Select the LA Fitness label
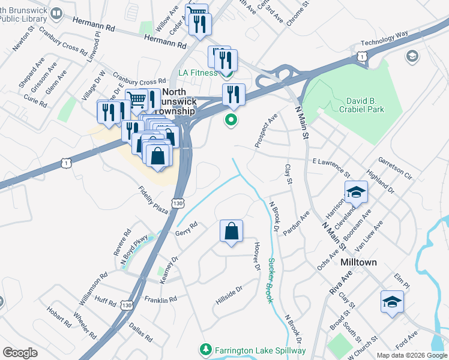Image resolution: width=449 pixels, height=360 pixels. coord(198,73)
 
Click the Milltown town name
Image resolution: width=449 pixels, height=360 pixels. coord(358,263)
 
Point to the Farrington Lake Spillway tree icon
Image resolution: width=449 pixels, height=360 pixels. coord(205,349)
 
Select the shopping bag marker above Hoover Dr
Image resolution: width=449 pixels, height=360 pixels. coord(232,231)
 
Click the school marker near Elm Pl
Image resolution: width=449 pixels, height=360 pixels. coord(392,302)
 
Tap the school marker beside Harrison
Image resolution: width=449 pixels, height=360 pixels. coord(356,193)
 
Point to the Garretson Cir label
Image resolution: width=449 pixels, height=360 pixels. coord(395,169)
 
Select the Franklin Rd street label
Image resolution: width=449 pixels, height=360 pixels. coord(160,299)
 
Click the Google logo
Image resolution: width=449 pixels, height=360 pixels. coord(20,353)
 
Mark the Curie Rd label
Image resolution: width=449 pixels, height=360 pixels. coord(35,100)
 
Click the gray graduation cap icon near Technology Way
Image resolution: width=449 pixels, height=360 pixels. coord(412,56)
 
